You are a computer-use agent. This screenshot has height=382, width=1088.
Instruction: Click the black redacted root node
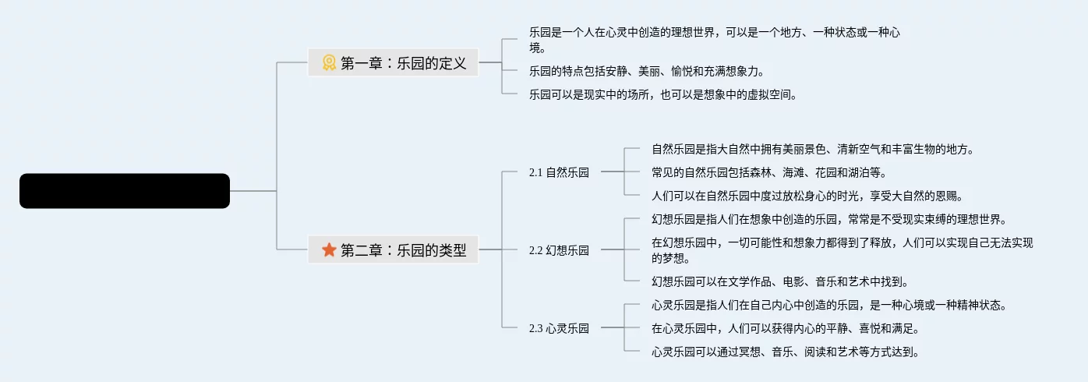click(125, 191)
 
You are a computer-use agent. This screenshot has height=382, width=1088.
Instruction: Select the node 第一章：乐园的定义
click(403, 63)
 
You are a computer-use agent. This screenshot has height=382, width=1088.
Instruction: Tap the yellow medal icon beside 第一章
click(330, 63)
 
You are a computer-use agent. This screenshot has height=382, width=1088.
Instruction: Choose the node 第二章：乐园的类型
click(403, 249)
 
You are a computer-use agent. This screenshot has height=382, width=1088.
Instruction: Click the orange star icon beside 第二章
click(330, 249)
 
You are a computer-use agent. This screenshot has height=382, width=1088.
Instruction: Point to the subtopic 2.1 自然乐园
click(558, 172)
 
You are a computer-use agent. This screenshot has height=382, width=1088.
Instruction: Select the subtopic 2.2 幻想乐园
click(558, 250)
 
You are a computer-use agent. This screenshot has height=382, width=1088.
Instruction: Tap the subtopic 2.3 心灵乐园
click(558, 328)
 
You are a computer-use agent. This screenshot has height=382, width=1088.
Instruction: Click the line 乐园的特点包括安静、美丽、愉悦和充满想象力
click(646, 71)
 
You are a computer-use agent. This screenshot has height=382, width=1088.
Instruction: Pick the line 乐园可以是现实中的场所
click(662, 94)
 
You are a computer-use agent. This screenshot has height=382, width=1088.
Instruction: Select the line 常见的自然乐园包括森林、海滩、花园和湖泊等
click(768, 172)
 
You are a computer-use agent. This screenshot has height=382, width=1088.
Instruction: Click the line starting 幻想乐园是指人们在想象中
click(829, 219)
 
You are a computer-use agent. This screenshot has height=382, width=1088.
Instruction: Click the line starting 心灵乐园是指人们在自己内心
click(829, 305)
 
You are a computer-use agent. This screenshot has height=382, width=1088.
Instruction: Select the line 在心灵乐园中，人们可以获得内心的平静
click(785, 328)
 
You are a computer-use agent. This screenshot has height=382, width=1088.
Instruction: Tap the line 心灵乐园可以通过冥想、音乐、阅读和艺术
click(785, 352)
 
